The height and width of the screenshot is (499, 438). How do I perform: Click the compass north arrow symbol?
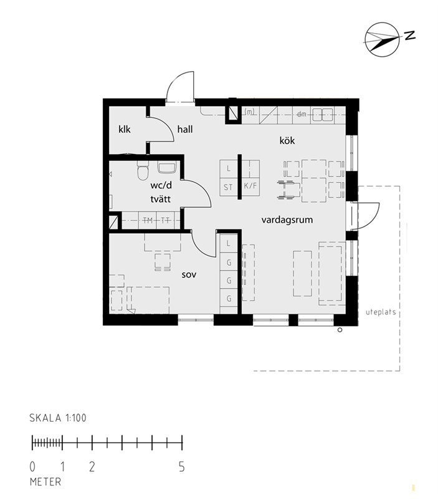[382, 39]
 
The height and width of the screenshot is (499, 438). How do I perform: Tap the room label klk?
[124, 129]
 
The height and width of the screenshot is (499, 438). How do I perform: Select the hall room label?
[185, 129]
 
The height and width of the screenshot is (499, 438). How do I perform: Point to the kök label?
[287, 140]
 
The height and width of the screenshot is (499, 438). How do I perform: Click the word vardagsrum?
[287, 220]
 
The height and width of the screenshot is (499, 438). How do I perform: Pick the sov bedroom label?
[189, 274]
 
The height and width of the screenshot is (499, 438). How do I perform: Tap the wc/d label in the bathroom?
[161, 185]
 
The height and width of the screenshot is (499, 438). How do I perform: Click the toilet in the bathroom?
[143, 170]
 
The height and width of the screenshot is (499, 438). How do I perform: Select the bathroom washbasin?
[167, 167]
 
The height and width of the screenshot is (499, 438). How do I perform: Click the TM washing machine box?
[148, 220]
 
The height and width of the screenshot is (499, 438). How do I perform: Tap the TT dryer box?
[166, 220]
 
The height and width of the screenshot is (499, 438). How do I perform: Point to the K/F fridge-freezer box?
[250, 185]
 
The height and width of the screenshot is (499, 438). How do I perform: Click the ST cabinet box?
[229, 187]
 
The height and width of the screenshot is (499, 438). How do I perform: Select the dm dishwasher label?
[302, 114]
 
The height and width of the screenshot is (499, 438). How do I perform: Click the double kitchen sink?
[323, 115]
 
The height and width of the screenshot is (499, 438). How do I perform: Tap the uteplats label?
[381, 312]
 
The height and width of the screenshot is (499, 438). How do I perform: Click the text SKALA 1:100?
[58, 418]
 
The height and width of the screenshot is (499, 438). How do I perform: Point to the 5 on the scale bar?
[181, 467]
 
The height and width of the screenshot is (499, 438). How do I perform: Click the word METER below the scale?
[45, 482]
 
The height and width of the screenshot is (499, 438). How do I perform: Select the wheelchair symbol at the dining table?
[288, 190]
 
